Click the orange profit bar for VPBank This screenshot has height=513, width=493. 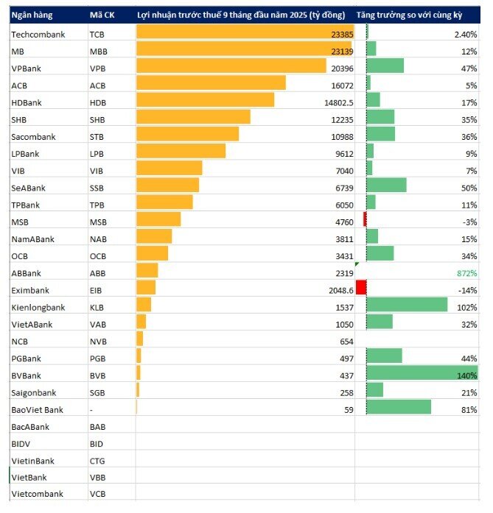coord(231,66)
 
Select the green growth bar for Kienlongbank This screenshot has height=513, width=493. coord(407,305)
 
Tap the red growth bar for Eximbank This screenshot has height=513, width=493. coord(361,287)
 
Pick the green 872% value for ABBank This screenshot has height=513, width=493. coord(466,273)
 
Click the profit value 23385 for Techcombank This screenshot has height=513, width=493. coord(342,35)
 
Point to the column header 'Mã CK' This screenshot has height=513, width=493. coord(102,15)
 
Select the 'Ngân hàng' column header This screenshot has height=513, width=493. coord(32,15)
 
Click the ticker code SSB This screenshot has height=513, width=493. coord(97,188)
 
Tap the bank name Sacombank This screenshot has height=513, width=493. coord(33,137)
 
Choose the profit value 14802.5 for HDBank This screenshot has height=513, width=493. coord(339,103)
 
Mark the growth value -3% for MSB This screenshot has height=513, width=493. coord(469,222)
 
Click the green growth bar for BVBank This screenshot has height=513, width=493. coord(422,372)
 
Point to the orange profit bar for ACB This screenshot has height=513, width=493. coord(211,82)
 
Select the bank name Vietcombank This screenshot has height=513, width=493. coord(37,494)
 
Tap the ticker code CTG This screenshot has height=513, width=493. coord(97,461)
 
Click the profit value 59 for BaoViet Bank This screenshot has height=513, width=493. coord(349,410)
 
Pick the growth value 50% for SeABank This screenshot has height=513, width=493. coord(469,188)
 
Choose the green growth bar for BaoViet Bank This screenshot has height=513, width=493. coord(399,407)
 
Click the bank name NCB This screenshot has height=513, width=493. coord(20,342)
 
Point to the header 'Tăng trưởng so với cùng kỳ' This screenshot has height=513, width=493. coord(410,15)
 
